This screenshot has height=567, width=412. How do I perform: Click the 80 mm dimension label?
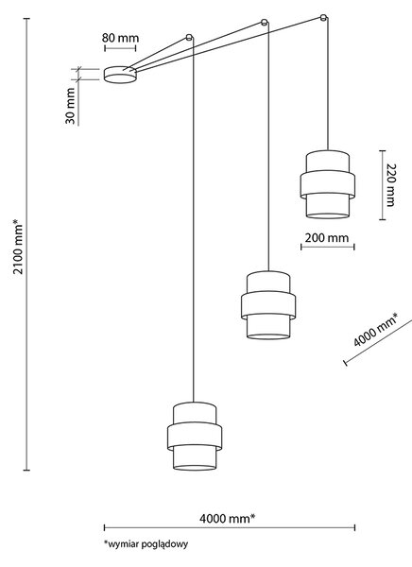pyautogui.click(x=120, y=38)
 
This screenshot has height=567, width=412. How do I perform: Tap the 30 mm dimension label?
pyautogui.click(x=70, y=106)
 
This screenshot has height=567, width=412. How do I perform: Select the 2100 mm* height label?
pyautogui.click(x=18, y=247)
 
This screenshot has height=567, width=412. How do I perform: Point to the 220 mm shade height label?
pyautogui.click(x=390, y=185)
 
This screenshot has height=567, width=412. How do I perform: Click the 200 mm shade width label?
pyautogui.click(x=327, y=238)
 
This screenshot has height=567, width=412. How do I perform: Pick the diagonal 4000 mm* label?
pyautogui.click(x=375, y=330)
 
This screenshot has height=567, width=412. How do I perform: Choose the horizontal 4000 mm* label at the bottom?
pyautogui.click(x=227, y=519)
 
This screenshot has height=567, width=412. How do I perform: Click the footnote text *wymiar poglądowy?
pyautogui.click(x=146, y=544)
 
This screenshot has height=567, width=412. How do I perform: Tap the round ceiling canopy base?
pyautogui.click(x=120, y=75)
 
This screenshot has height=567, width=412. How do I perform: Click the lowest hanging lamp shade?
pyautogui.click(x=195, y=436)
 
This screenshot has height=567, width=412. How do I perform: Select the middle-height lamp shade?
pyautogui.click(x=268, y=305)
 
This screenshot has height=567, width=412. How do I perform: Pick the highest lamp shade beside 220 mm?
pyautogui.click(x=327, y=184)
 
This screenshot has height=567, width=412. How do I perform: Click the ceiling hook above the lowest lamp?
pyautogui.click(x=189, y=37)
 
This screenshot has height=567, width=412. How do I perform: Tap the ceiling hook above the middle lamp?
pyautogui.click(x=265, y=22)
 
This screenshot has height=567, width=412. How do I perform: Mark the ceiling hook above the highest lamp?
pyautogui.click(x=324, y=17)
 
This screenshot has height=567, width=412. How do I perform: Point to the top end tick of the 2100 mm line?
pyautogui.click(x=26, y=19)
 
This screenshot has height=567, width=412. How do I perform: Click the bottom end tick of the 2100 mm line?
pyautogui.click(x=26, y=470)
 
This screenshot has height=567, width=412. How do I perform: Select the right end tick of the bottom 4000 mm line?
pyautogui.click(x=355, y=527)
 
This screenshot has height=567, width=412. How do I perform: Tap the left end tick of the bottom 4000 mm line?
pyautogui.click(x=104, y=527)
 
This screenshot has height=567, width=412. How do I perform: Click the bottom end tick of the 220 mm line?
pyautogui.click(x=382, y=219)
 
